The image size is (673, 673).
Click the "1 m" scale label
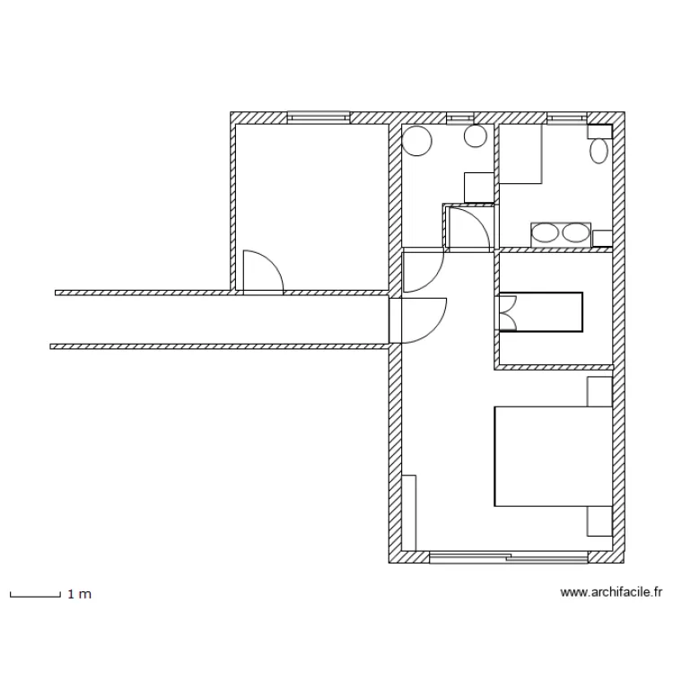click(79, 594)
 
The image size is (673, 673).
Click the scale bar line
click(35, 596)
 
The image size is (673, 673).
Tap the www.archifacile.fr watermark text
click(611, 592)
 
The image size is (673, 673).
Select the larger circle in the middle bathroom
click(417, 141)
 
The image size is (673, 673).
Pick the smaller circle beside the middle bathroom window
click(476, 136)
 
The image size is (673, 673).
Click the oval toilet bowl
click(599, 151)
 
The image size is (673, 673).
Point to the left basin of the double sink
click(545, 233)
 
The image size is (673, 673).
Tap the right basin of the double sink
click(576, 233)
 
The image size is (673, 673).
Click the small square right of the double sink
click(602, 238)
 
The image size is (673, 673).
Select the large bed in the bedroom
click(554, 456)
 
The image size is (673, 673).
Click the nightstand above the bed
click(599, 391)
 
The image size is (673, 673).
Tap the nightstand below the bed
click(599, 521)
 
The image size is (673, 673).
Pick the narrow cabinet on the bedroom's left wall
click(409, 513)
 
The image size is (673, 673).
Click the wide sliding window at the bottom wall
click(509, 557)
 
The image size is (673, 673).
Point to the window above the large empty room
click(319, 118)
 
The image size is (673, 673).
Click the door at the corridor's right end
click(418, 320)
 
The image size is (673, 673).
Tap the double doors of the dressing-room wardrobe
click(508, 312)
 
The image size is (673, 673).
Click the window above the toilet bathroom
click(567, 118)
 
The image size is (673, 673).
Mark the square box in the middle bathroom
click(479, 188)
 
